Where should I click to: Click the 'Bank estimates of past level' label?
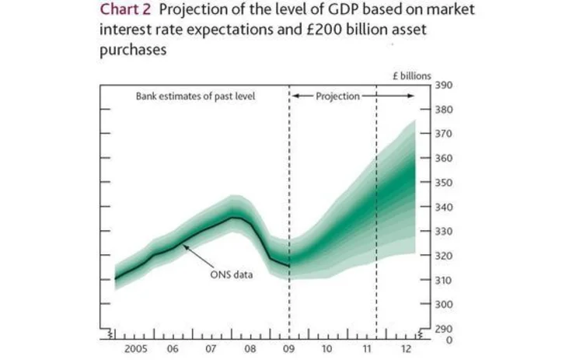point(195,96)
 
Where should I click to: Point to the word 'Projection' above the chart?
point(338,96)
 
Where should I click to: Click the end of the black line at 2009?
point(288,267)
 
